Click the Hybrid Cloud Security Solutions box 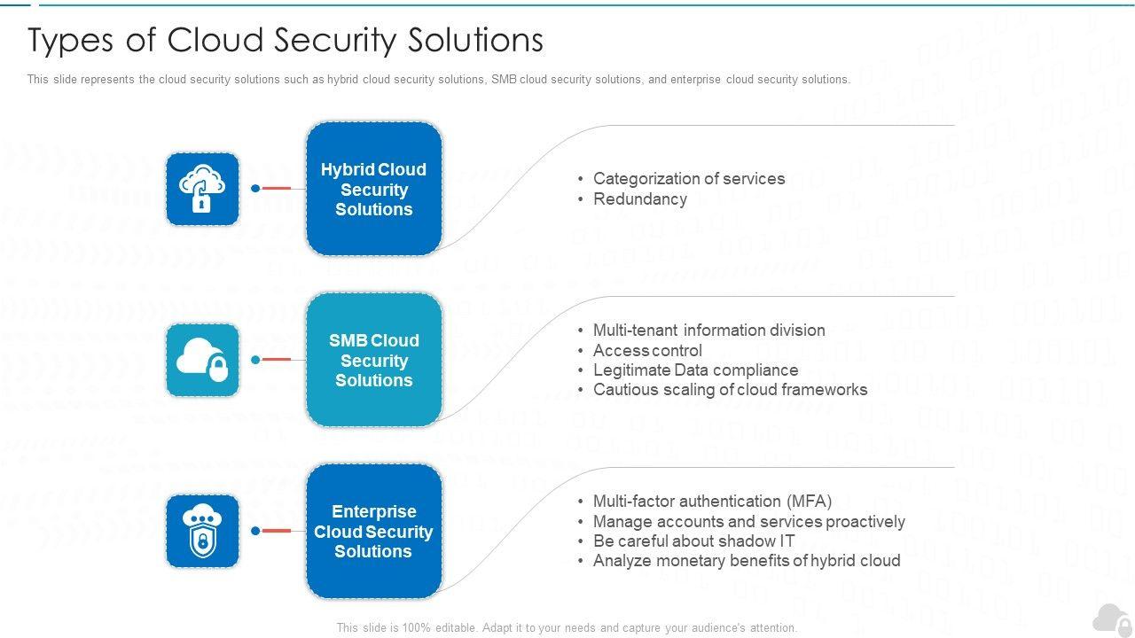[374, 189]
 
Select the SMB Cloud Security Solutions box [374, 360]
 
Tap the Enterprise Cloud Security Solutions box [374, 531]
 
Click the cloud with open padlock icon [202, 189]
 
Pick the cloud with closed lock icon [202, 360]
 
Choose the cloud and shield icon [202, 531]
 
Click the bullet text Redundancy [640, 199]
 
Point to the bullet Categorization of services [689, 179]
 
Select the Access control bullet [647, 350]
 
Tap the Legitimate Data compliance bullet [696, 370]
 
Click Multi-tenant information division [708, 331]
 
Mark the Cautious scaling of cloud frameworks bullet [730, 390]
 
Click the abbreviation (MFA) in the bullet [810, 502]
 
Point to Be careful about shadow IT [693, 541]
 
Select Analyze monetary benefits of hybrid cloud [747, 561]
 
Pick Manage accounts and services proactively [749, 522]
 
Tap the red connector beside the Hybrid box [276, 189]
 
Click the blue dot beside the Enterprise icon [255, 531]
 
